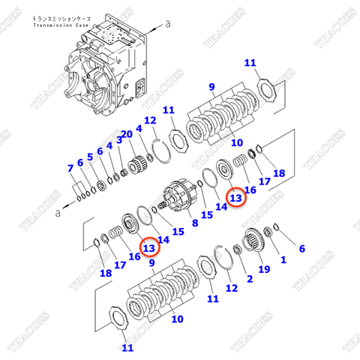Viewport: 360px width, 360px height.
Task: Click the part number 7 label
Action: tap(70, 167)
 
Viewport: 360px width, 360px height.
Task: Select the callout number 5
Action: tap(90, 157)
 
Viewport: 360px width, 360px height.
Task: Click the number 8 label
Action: tap(195, 223)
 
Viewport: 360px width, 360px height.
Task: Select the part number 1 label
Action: tap(283, 260)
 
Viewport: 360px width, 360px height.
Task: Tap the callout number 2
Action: tap(249, 278)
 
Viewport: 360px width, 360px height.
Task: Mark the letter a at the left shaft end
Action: tap(55, 213)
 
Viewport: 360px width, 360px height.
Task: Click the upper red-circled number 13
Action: tap(235, 198)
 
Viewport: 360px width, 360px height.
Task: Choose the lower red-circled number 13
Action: tap(148, 248)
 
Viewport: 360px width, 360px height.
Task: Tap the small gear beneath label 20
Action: tap(136, 161)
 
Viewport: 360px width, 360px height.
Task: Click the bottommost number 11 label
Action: tap(127, 346)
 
